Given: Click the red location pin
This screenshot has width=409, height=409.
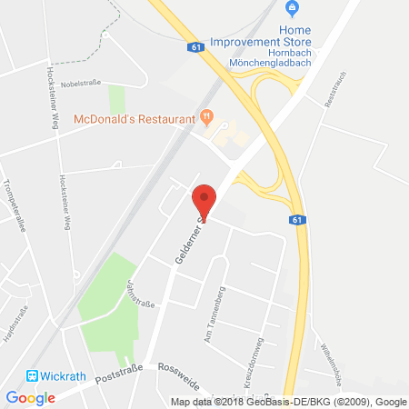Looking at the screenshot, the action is click(x=204, y=199).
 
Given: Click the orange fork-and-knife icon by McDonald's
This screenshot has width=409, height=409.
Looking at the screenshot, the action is click(x=207, y=116).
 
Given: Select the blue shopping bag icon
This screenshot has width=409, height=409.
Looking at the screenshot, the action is click(x=292, y=9).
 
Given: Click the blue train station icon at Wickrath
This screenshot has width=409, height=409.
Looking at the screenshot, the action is click(x=33, y=374).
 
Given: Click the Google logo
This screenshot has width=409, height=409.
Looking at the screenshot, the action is click(x=30, y=397).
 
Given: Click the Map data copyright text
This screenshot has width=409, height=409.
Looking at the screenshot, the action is click(x=288, y=402).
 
